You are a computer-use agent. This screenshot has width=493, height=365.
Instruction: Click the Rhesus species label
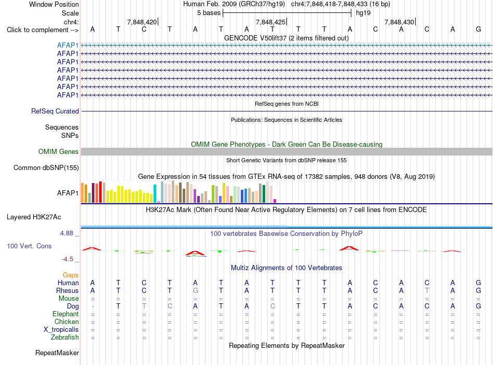pyautogui.click(x=67, y=290)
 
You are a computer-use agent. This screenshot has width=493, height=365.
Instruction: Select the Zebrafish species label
pyautogui.click(x=65, y=337)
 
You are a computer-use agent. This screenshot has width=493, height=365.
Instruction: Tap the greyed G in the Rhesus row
pyautogui.click(x=195, y=290)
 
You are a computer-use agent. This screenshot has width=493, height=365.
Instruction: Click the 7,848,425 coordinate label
pyautogui.click(x=270, y=22)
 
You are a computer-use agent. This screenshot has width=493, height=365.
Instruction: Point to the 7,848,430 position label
pyautogui.click(x=399, y=22)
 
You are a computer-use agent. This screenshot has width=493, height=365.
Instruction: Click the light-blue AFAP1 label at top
pyautogui.click(x=67, y=45)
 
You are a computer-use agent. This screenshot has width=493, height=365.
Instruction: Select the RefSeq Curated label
pyautogui.click(x=55, y=111)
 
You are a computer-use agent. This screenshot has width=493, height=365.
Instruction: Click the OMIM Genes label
pyautogui.click(x=59, y=152)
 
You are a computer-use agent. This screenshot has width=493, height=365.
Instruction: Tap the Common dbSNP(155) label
pyautogui.click(x=46, y=168)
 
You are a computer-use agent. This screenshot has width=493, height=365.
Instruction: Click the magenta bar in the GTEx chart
pyautogui.click(x=275, y=201)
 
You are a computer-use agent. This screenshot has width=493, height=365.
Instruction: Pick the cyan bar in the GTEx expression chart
pyautogui.click(x=155, y=193)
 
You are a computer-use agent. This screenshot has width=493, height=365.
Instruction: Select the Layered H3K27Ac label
pyautogui.click(x=34, y=217)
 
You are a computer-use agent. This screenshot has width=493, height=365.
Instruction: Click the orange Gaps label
pyautogui.click(x=71, y=275)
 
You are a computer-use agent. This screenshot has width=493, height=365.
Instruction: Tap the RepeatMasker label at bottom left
pyautogui.click(x=57, y=353)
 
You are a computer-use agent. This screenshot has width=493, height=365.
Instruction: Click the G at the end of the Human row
pyautogui.click(x=478, y=283)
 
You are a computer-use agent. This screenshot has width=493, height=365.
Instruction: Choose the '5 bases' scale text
pyautogui.click(x=209, y=13)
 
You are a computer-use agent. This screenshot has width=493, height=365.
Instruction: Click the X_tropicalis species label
pyautogui.click(x=61, y=330)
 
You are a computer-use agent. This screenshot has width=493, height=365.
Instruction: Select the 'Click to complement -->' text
pyautogui.click(x=43, y=30)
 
